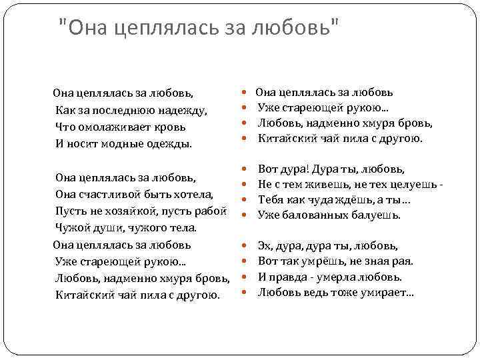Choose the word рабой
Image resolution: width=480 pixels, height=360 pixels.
(213, 211)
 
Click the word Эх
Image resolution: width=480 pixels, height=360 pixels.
(265, 246)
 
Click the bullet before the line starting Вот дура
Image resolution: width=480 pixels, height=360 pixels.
(246, 170)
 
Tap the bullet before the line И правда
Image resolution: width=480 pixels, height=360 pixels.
(246, 277)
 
